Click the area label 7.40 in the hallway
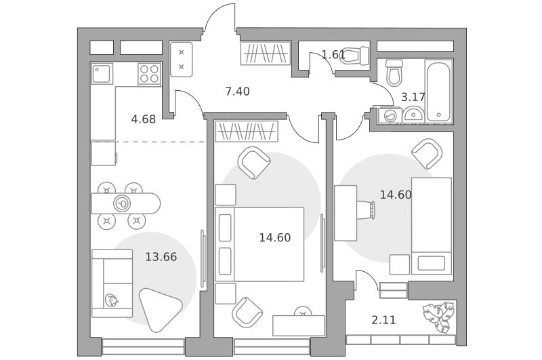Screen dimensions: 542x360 pos(237,92)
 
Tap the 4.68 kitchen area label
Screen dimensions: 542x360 pos(144,119)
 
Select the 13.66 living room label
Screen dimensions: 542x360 pos(161,257)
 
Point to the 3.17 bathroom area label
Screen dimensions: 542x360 pos(413,97)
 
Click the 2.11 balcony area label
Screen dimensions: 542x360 pos(383,320)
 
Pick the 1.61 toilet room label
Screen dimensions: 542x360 pos(333,55)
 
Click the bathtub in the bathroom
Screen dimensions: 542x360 pos(438,92)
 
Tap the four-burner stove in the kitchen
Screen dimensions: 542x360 pos(149,74)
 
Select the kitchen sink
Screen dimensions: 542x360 pos(102,73)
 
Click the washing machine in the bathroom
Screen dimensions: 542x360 pos(390,115)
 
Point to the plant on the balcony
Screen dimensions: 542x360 pos(438,317)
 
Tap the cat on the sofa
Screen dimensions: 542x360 pos(111,300)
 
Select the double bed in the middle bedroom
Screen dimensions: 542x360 pos(259,244)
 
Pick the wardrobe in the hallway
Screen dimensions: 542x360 pos(266,54)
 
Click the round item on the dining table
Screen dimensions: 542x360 pos(122,203)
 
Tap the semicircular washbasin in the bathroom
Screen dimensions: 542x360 pos(413,114)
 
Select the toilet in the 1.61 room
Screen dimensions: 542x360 pos(354,56)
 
